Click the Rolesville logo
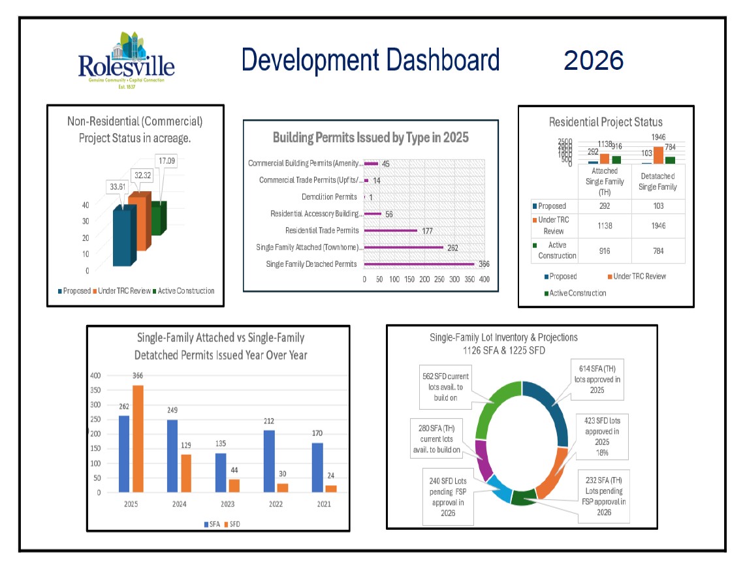coord(126,60)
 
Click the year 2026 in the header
coord(594,61)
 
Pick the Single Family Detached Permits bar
coord(419,264)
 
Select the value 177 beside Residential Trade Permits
coord(428,230)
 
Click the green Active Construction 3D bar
coord(158,218)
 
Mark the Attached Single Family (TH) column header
coord(604,181)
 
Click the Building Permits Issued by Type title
coord(370,138)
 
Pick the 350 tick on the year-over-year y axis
coord(96,390)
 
